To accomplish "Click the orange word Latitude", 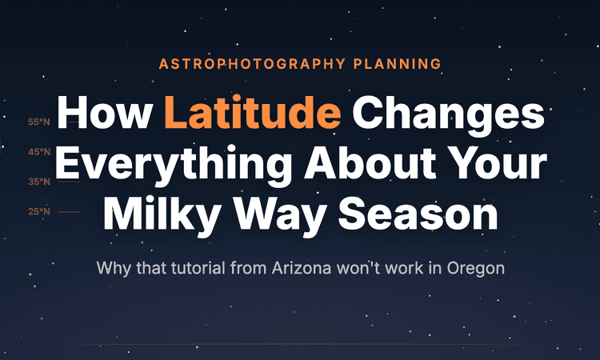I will pos(253,116).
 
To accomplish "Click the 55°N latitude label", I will pos(38,122).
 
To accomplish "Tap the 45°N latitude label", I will pos(38,152).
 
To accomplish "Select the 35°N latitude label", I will pos(38,182).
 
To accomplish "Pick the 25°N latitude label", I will pos(38,211).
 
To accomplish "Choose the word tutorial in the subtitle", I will pos(197,267).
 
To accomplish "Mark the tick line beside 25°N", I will pos(70,211).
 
